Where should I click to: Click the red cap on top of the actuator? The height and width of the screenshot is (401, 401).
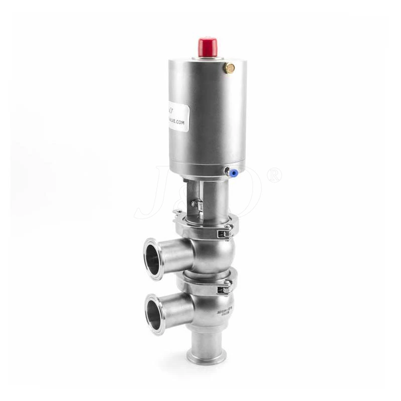208,47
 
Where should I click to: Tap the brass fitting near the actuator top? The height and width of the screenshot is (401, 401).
230,68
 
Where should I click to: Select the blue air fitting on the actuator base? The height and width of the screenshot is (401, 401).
233,172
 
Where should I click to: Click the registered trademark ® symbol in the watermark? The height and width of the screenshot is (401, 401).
275,175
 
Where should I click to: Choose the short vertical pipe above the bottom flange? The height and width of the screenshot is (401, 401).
206,341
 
